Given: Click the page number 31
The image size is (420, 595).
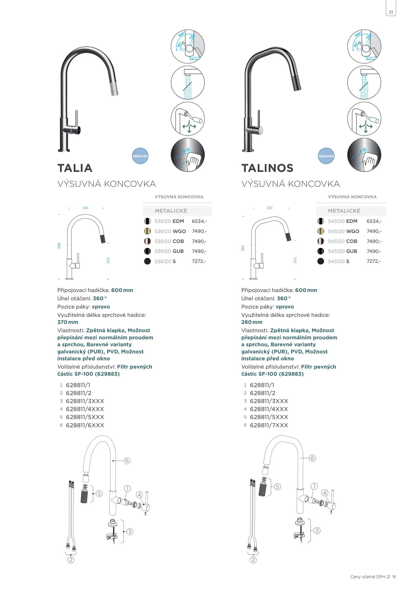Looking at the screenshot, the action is pyautogui.click(x=391, y=12).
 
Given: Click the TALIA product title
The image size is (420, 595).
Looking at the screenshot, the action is pyautogui.click(x=75, y=168).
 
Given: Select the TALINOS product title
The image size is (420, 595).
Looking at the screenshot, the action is pyautogui.click(x=267, y=168).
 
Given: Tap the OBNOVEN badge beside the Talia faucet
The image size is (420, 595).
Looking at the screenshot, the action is pyautogui.click(x=140, y=156).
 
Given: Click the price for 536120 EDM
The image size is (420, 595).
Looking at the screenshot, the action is pyautogui.click(x=199, y=221).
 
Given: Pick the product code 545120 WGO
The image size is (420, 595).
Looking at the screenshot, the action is pyautogui.click(x=344, y=231).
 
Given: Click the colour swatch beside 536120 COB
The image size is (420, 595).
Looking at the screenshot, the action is pyautogui.click(x=147, y=241).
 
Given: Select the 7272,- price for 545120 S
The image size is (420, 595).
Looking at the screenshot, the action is pyautogui.click(x=374, y=261).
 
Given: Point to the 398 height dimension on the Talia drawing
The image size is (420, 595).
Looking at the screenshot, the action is pyautogui.click(x=59, y=246).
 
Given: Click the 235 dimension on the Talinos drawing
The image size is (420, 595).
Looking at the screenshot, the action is pyautogui.click(x=295, y=260).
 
